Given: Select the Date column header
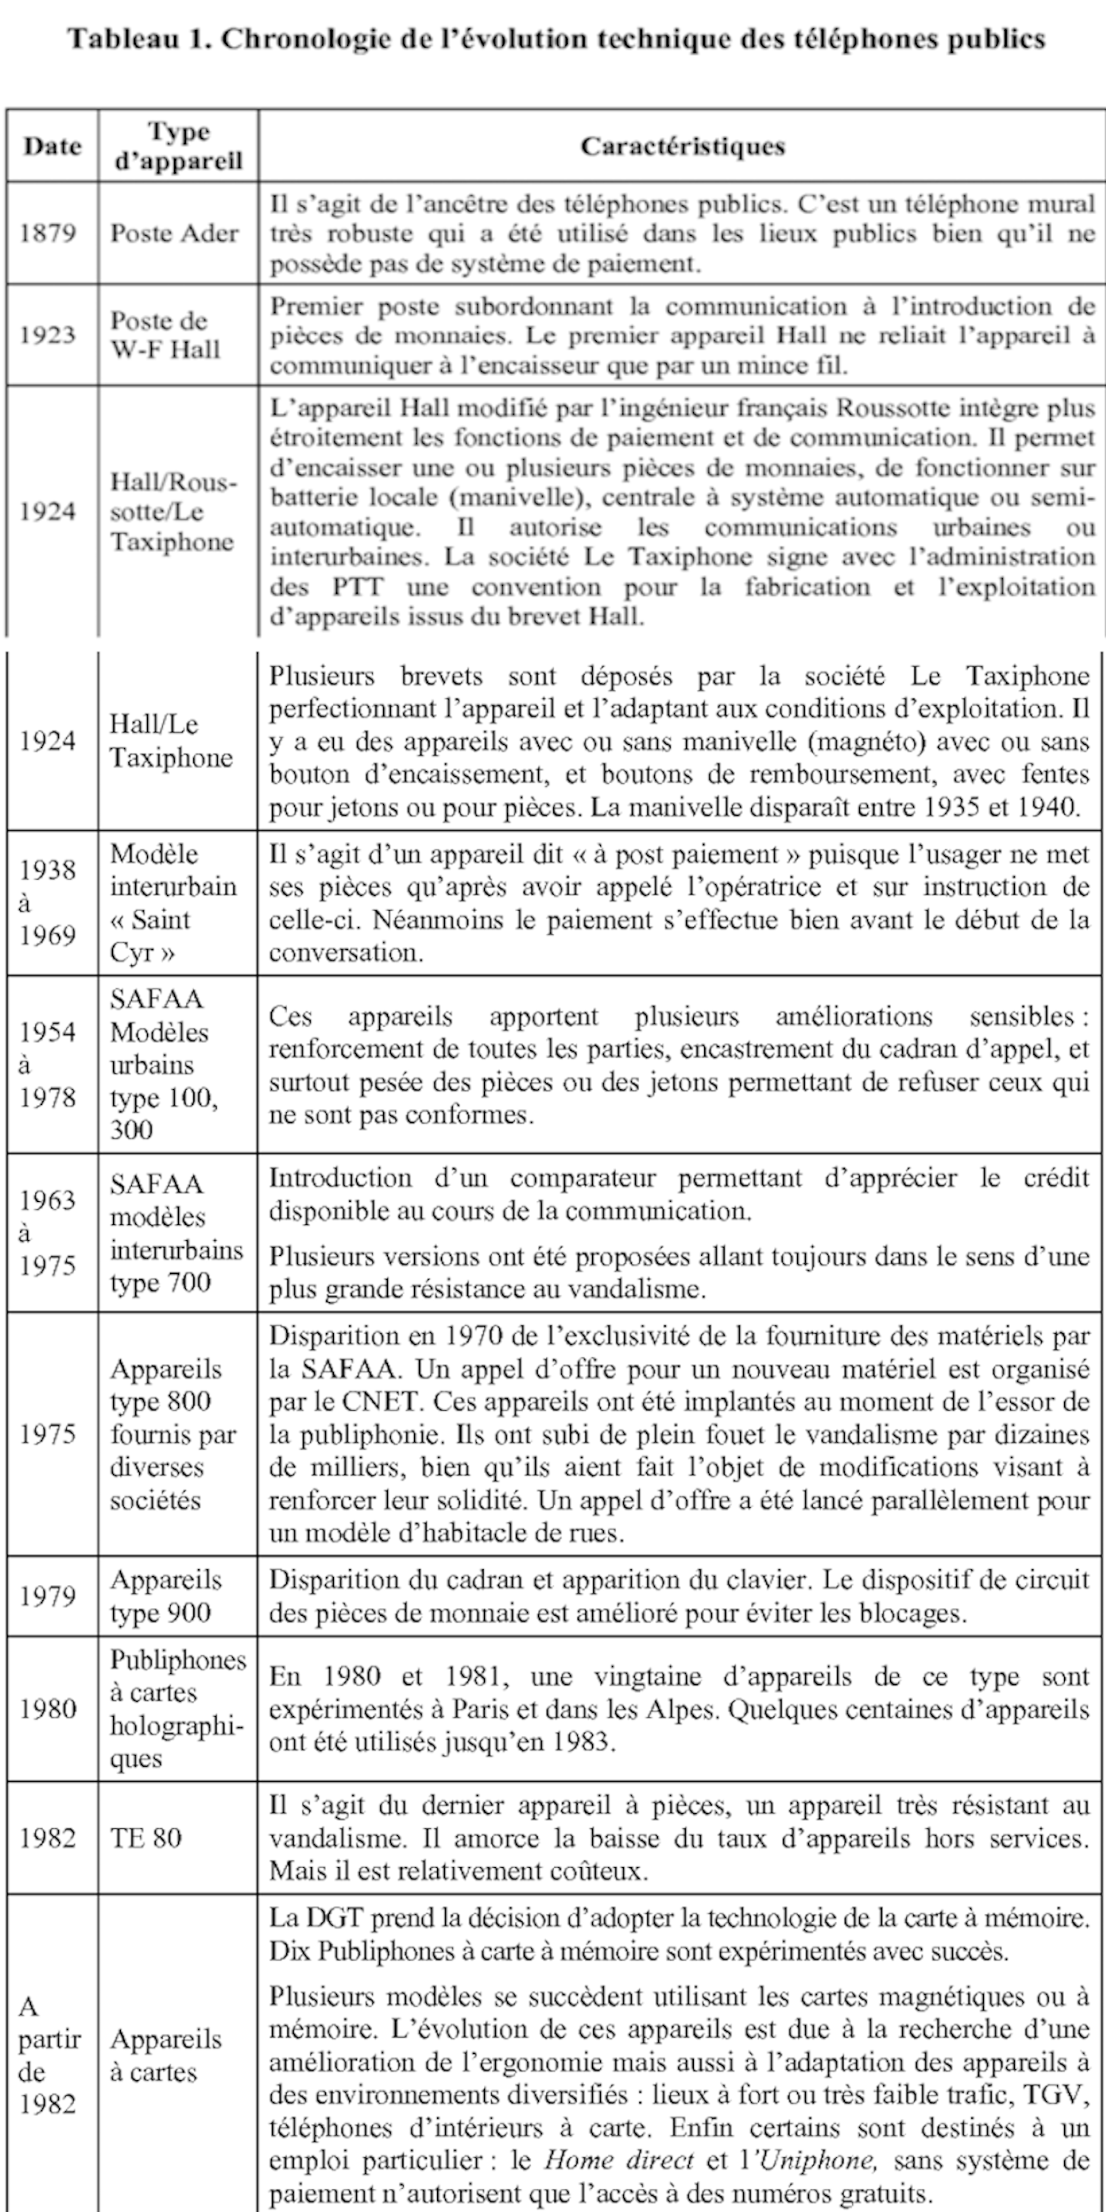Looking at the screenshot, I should [x=52, y=146].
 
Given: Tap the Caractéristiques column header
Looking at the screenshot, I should [x=683, y=146].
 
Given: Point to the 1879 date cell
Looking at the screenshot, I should [x=48, y=233].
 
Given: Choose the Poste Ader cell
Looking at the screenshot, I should [x=174, y=233].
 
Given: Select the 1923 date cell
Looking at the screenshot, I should [x=48, y=335].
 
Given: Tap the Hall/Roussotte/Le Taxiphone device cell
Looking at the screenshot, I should [x=172, y=512].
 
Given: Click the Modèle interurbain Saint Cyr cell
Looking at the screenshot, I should [x=172, y=902].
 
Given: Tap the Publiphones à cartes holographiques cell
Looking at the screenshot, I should [x=177, y=1708].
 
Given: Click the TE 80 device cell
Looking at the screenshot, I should [x=146, y=1838].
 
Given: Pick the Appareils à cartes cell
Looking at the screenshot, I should [x=165, y=2055].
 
